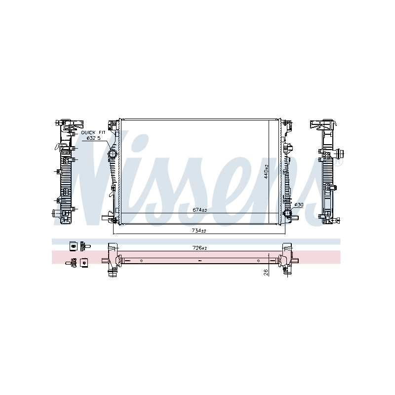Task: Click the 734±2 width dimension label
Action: click(x=199, y=231)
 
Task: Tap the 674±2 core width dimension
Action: click(x=200, y=210)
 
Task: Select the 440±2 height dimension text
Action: click(x=266, y=172)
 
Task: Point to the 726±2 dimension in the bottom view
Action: click(x=200, y=248)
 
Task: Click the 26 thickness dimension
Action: click(x=266, y=273)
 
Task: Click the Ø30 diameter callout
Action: click(x=299, y=205)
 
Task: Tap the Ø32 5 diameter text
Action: click(x=93, y=138)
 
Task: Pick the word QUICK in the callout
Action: click(x=88, y=132)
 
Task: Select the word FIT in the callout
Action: click(x=102, y=132)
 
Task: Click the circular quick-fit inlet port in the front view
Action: click(x=112, y=154)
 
